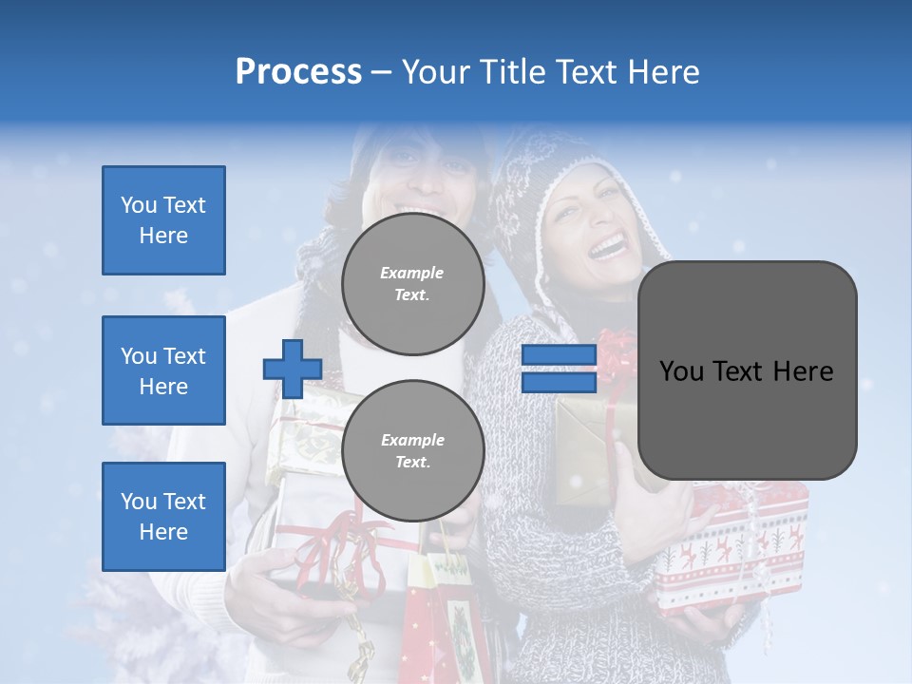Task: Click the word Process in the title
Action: (x=298, y=72)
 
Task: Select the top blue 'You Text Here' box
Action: (x=163, y=220)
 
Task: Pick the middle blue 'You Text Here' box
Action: (x=163, y=370)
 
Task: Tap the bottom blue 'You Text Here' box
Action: (x=163, y=517)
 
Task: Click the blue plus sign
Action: (x=293, y=369)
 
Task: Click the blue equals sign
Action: (x=559, y=369)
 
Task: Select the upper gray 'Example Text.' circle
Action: (x=412, y=283)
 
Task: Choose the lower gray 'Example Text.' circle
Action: (x=412, y=450)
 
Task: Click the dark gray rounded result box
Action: (x=747, y=370)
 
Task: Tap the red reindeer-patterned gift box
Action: (x=731, y=551)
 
